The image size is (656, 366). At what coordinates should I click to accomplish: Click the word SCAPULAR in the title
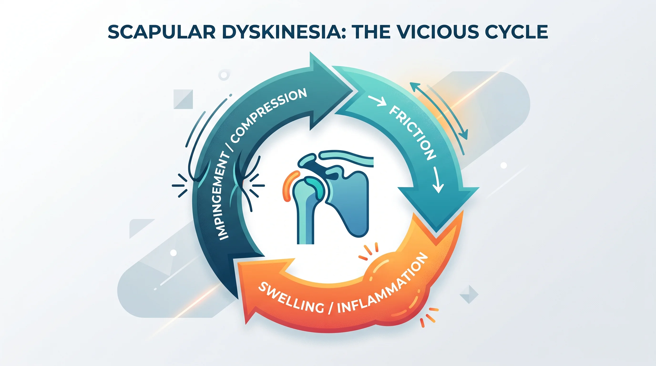pos(162,32)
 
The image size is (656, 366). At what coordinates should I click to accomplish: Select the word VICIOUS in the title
pos(437,32)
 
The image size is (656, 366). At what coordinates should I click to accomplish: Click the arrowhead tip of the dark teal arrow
pos(355,90)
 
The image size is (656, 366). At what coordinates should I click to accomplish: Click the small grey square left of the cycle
pos(183,99)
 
